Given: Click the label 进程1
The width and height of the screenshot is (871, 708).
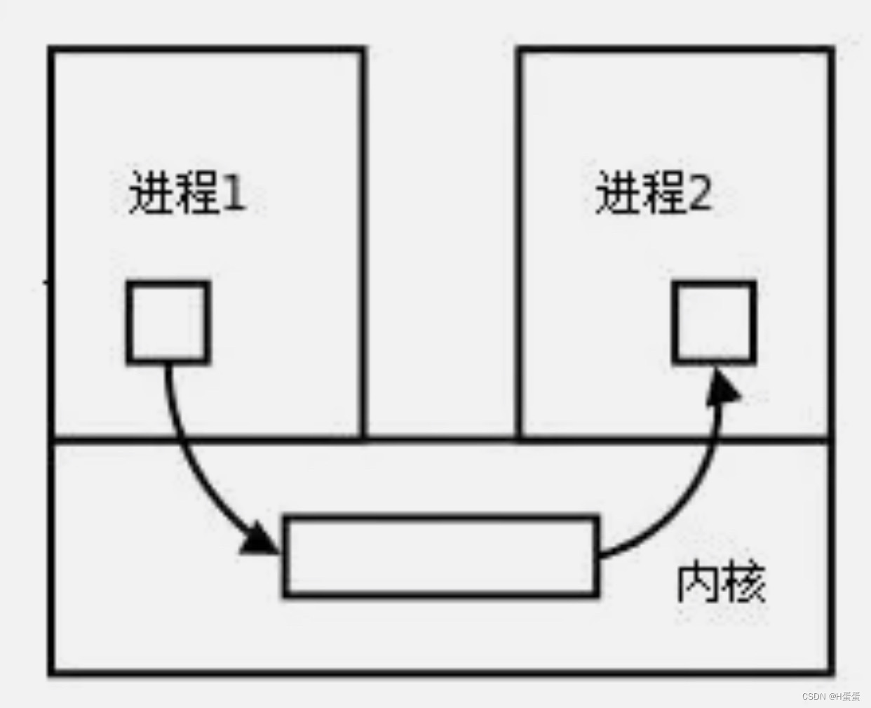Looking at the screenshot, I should click(187, 192).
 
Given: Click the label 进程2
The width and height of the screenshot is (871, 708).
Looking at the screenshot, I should click(654, 192).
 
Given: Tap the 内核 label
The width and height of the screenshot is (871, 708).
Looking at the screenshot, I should click(720, 582).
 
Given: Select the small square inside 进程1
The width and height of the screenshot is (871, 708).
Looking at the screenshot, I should click(168, 323).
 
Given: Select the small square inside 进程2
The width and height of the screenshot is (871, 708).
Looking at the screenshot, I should click(714, 323).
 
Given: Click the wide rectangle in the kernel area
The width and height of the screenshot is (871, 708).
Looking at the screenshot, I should click(440, 557).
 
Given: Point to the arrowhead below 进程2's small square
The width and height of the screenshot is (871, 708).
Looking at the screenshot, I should click(722, 387).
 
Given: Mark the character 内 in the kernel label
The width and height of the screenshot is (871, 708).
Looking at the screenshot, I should click(698, 582).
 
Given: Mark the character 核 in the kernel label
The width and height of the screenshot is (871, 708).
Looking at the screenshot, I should click(743, 582).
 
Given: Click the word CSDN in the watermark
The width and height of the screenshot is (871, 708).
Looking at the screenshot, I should click(813, 697).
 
